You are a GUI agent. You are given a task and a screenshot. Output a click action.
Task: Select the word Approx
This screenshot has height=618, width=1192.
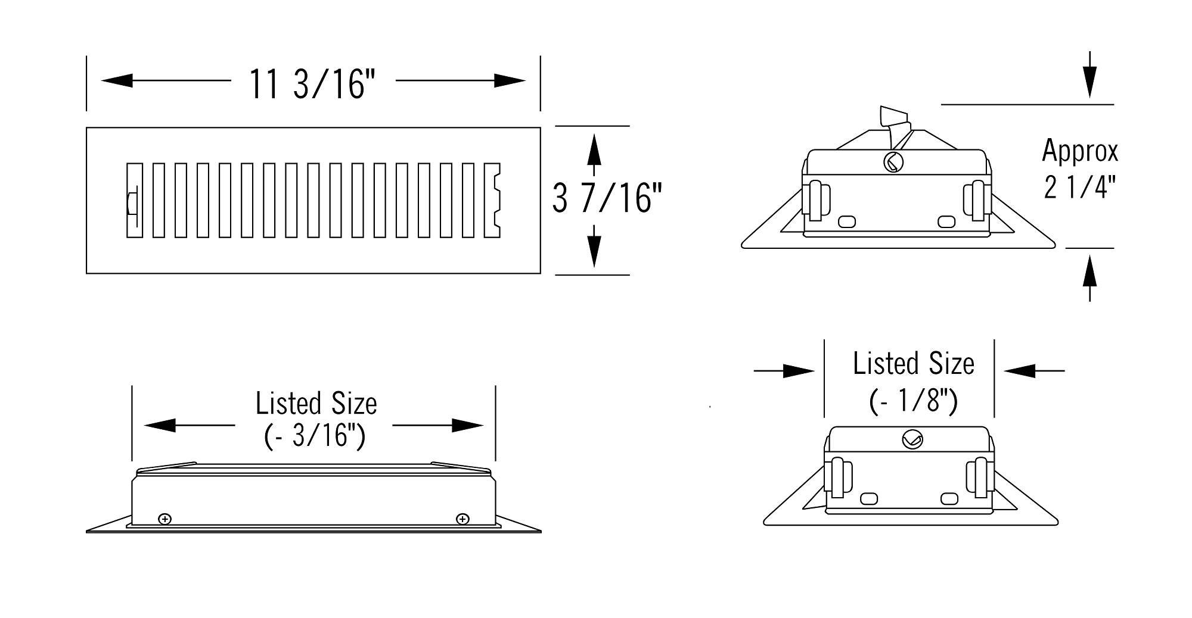1080,152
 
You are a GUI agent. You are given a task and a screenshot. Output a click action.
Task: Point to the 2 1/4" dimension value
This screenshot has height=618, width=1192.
1080,187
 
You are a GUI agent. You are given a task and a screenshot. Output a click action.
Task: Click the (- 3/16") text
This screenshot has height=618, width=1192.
314,436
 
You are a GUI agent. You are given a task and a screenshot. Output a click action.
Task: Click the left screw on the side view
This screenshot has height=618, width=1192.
165,519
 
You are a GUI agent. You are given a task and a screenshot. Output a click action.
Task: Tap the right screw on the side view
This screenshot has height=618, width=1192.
462,519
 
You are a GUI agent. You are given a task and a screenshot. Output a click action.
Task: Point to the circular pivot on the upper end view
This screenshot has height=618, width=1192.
893,162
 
